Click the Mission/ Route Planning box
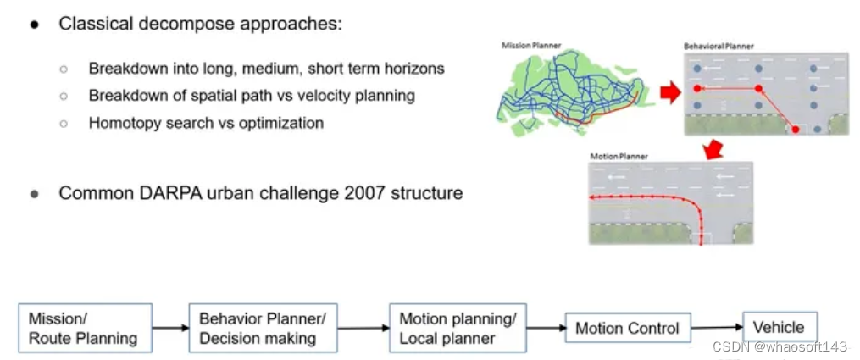85,329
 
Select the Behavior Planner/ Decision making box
263,329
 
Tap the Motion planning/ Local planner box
458,329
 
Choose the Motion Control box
627,329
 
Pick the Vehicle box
780,327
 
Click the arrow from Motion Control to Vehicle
717,328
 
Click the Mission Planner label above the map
531,45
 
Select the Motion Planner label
619,156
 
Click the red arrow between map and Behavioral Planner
670,93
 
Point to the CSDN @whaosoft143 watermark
780,347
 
